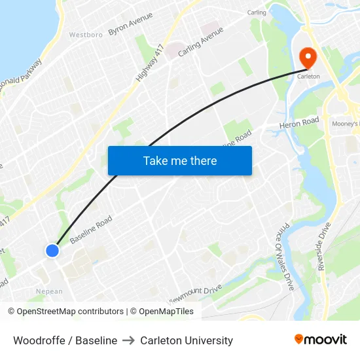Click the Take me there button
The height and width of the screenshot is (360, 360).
pos(180,160)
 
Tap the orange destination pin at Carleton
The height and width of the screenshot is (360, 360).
pos(307,59)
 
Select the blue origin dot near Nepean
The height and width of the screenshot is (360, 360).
pos(52,251)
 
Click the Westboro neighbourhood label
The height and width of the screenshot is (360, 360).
pos(86,35)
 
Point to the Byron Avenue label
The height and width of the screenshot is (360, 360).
pos(130,24)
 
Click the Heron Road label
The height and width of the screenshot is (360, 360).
pos(298,122)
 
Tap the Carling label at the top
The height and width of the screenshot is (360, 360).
pos(257,12)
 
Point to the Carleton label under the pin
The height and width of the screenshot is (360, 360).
pos(309,76)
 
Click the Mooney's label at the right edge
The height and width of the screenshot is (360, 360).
pos(346,123)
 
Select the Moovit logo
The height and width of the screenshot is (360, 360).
pos(321,339)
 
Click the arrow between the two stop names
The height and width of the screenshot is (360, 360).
pos(128,340)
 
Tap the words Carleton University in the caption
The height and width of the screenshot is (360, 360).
pos(187,340)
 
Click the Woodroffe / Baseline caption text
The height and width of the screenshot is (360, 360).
pos(65,340)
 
